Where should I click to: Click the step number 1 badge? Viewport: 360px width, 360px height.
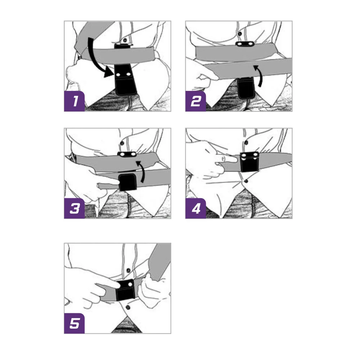[x=75, y=101]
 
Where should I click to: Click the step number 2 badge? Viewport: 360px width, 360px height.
[x=195, y=101]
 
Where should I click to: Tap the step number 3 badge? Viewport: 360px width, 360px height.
[x=75, y=208]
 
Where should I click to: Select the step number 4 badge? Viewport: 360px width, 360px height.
[x=195, y=208]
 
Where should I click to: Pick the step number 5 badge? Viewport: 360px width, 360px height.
[x=75, y=323]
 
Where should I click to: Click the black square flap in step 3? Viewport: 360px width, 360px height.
[x=127, y=182]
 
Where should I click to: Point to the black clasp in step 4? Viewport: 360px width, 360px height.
[x=249, y=162]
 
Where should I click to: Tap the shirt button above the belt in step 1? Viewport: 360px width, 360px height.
[x=125, y=40]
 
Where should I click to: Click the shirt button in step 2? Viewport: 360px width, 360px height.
[x=240, y=34]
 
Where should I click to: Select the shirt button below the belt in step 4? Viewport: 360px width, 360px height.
[x=246, y=181]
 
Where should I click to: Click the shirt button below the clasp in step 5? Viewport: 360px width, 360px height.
[x=128, y=307]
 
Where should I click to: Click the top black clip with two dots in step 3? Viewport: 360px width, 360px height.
[x=127, y=154]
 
